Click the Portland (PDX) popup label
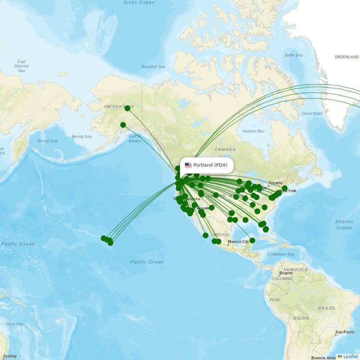click(211, 165)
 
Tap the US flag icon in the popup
click(188, 165)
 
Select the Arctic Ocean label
click(139, 3)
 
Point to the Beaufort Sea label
click(153, 67)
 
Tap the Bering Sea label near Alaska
click(81, 136)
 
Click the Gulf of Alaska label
click(135, 138)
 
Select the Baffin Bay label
click(294, 55)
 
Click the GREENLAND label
click(346, 57)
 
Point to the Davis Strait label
click(311, 113)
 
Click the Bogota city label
click(286, 273)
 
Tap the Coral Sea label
click(14, 324)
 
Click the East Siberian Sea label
click(21, 66)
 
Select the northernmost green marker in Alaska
click(127, 108)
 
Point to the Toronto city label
click(275, 183)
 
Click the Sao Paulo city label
click(345, 333)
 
